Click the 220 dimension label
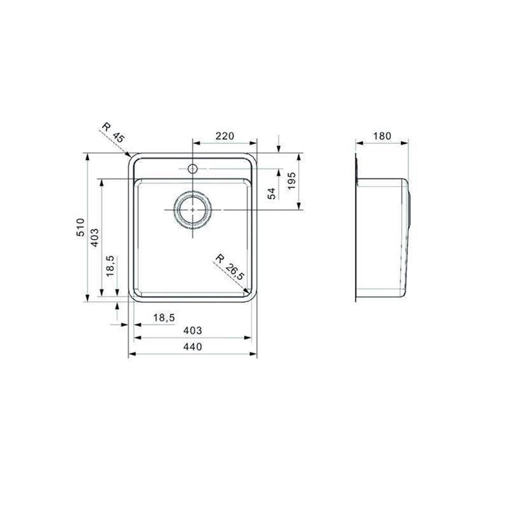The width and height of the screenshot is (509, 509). (224, 136)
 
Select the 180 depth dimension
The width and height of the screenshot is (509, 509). (382, 136)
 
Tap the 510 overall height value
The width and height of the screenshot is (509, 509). (80, 227)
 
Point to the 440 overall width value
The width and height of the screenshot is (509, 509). (192, 347)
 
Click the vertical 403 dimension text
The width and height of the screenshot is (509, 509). (95, 238)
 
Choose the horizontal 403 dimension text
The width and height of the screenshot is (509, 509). (192, 330)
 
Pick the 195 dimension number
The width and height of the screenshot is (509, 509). (292, 181)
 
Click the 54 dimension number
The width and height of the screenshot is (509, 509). (272, 193)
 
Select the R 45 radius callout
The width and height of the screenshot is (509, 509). (113, 133)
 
